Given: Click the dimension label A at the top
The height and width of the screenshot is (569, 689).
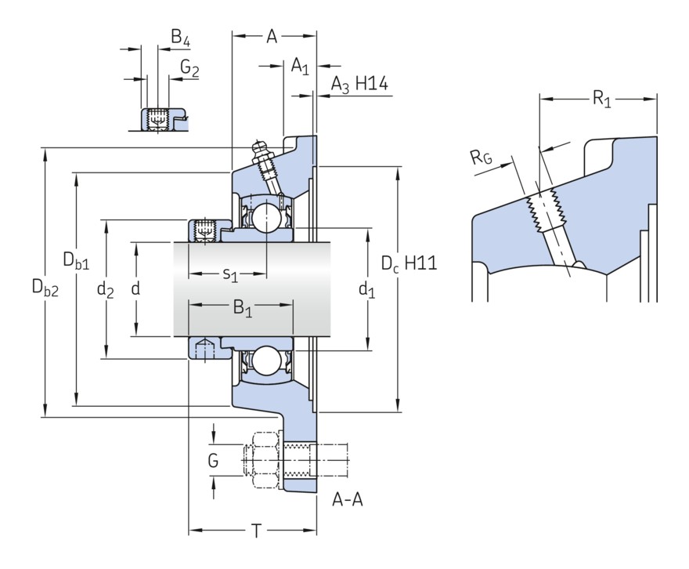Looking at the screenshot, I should pos(272,35).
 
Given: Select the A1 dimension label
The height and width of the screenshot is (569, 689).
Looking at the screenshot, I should pos(300,66).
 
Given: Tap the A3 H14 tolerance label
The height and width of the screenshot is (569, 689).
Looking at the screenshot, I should pos(359,84).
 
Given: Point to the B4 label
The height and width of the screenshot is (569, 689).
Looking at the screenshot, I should pos(181,38).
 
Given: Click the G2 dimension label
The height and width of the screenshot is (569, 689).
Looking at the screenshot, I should pos(189,68).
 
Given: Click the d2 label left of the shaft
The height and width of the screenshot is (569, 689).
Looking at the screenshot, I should pos(105,290).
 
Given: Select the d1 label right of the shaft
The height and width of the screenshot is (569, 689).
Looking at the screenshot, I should pos(366,290).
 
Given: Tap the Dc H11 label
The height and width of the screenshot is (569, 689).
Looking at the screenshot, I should pos(409,264).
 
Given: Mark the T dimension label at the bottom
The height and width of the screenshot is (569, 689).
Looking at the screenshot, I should pos(256,531).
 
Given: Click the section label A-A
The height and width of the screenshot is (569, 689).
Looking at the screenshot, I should pos(347,499).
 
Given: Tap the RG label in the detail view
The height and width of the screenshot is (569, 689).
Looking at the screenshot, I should pos(482,158).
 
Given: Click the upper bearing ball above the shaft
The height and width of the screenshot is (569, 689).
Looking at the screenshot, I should pos(266,217).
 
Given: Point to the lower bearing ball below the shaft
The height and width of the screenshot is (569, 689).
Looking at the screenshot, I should pos(266,363).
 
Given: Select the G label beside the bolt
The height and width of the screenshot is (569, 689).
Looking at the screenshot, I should pos(213,461).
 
